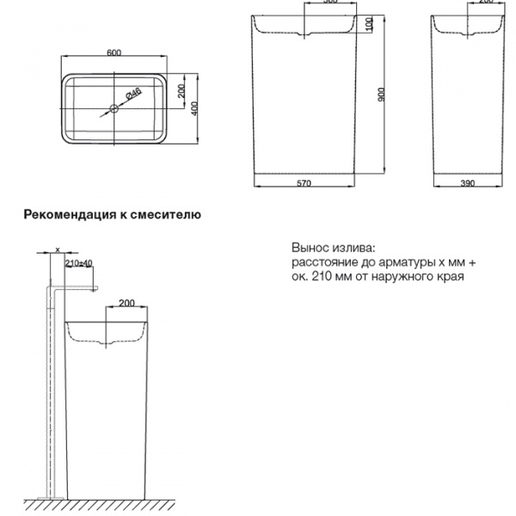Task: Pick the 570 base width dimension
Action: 303,183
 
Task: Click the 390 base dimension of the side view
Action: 467,183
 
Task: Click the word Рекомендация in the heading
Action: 69,215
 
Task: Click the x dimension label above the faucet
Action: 57,249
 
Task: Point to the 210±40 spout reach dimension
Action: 78,262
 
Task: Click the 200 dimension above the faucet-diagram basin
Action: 126,303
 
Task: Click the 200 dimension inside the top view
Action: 182,92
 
